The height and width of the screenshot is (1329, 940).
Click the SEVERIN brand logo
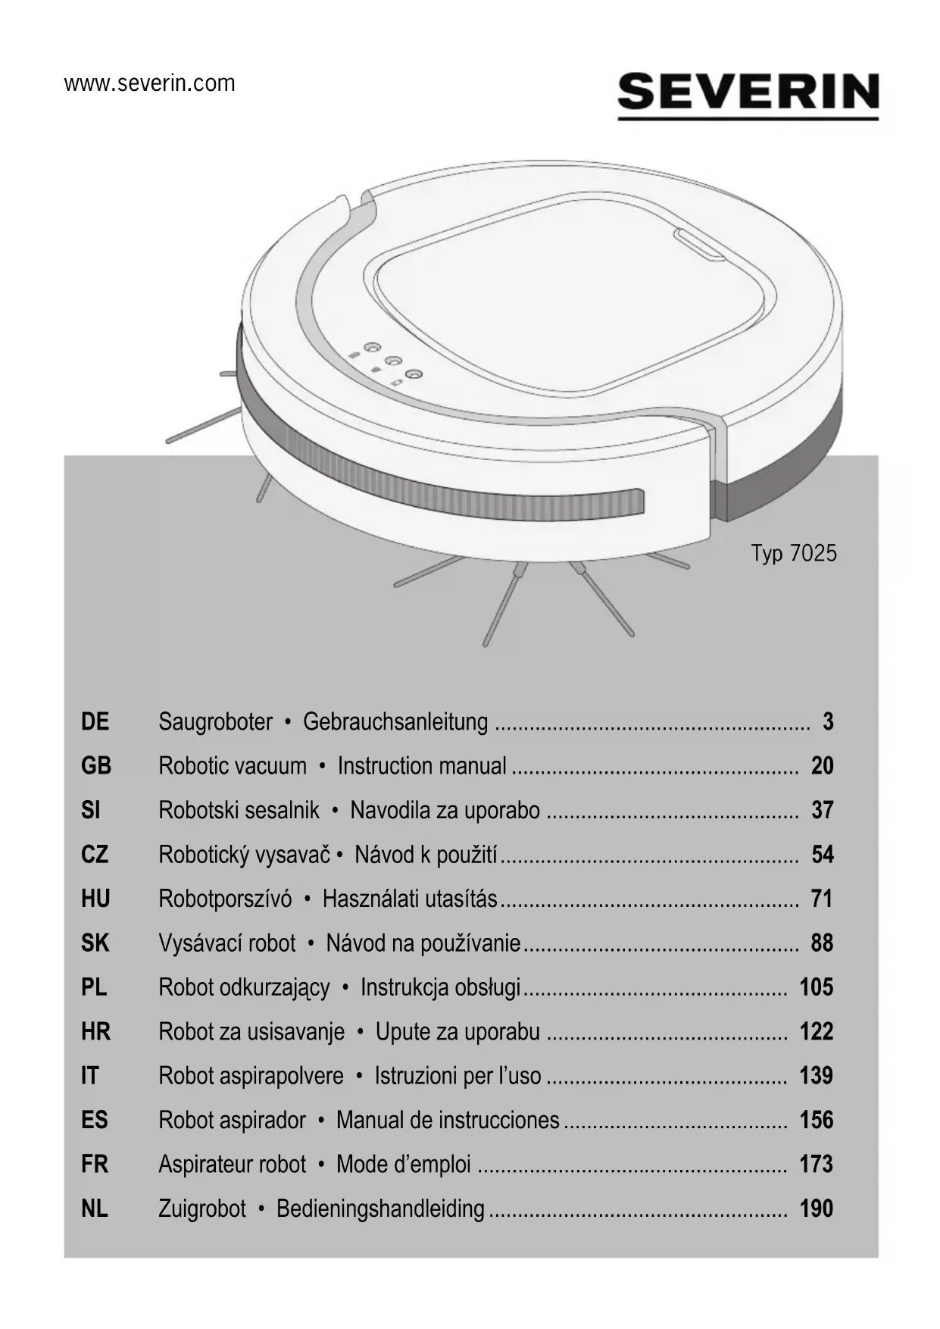coord(748,94)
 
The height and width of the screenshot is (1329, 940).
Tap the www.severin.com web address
coord(150,83)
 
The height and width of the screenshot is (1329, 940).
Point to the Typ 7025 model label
coord(794,553)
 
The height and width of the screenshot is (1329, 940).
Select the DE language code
coord(95,721)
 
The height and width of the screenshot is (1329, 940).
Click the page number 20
coord(822,766)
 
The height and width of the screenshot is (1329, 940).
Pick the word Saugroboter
coord(215,721)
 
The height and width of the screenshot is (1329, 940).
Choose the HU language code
coord(95,899)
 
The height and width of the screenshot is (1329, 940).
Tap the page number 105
coord(816,987)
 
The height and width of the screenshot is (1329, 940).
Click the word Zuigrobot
coord(202,1208)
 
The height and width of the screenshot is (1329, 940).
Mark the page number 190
coord(816,1208)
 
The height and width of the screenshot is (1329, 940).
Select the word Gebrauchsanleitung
coord(395,721)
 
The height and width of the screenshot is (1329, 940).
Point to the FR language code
coord(95,1164)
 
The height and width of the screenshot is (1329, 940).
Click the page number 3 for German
coord(828,721)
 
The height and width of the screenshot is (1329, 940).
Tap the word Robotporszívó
coord(225,899)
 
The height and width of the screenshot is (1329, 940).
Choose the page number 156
coord(816,1120)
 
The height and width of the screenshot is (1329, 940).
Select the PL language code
coord(94,987)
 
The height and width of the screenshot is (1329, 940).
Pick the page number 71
coord(822,899)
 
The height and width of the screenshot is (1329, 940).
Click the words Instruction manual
coord(422,766)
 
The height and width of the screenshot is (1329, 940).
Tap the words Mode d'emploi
coord(404,1164)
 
